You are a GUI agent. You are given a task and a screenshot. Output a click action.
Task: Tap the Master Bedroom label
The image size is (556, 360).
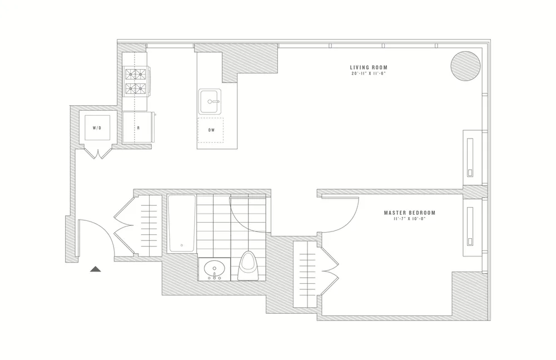[409, 213]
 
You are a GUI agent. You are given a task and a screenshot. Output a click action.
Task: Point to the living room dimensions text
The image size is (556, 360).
[368, 74]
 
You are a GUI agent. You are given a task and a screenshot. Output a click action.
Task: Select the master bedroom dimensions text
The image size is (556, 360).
[409, 219]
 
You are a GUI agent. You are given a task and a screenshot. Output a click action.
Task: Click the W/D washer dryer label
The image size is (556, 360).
[98, 128]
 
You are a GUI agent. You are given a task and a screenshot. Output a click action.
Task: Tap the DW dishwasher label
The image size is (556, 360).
[211, 130]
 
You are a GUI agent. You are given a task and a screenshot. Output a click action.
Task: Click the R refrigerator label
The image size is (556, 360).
[138, 128]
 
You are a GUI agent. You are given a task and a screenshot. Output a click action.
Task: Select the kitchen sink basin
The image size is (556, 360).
[211, 101]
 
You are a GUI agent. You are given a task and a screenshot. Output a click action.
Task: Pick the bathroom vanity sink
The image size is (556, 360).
[214, 270]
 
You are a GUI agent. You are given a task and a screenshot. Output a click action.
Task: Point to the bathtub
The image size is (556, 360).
[182, 223]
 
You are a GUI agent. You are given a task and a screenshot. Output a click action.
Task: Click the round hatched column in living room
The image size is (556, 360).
[464, 65]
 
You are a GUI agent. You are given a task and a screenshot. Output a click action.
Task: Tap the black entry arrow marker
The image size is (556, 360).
[96, 269]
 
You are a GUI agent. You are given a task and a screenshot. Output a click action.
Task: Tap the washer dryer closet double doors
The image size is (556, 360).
[98, 151]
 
